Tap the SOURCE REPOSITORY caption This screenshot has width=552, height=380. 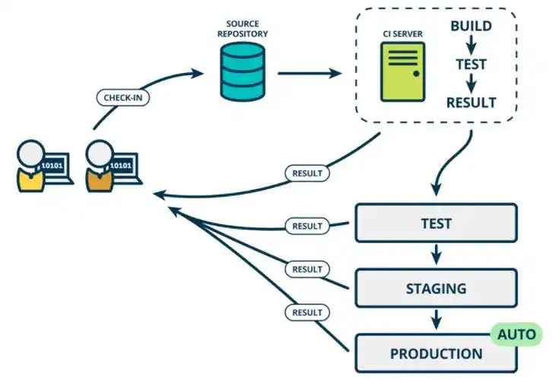click(x=243, y=29)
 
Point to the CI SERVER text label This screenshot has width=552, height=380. click(x=402, y=35)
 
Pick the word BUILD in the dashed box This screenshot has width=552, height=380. click(x=471, y=26)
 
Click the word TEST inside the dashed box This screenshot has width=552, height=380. click(x=471, y=65)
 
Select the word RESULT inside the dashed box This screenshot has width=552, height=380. click(x=471, y=103)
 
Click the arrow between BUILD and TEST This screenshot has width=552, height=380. click(x=471, y=45)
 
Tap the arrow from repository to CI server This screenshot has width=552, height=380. click(x=309, y=74)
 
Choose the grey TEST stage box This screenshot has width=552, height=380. click(x=436, y=224)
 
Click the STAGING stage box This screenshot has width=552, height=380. click(x=436, y=289)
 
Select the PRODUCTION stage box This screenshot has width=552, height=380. click(x=436, y=354)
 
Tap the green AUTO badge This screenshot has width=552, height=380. click(x=517, y=334)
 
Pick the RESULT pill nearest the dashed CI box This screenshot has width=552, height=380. click(x=307, y=173)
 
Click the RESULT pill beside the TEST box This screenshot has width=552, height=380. click(x=307, y=226)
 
